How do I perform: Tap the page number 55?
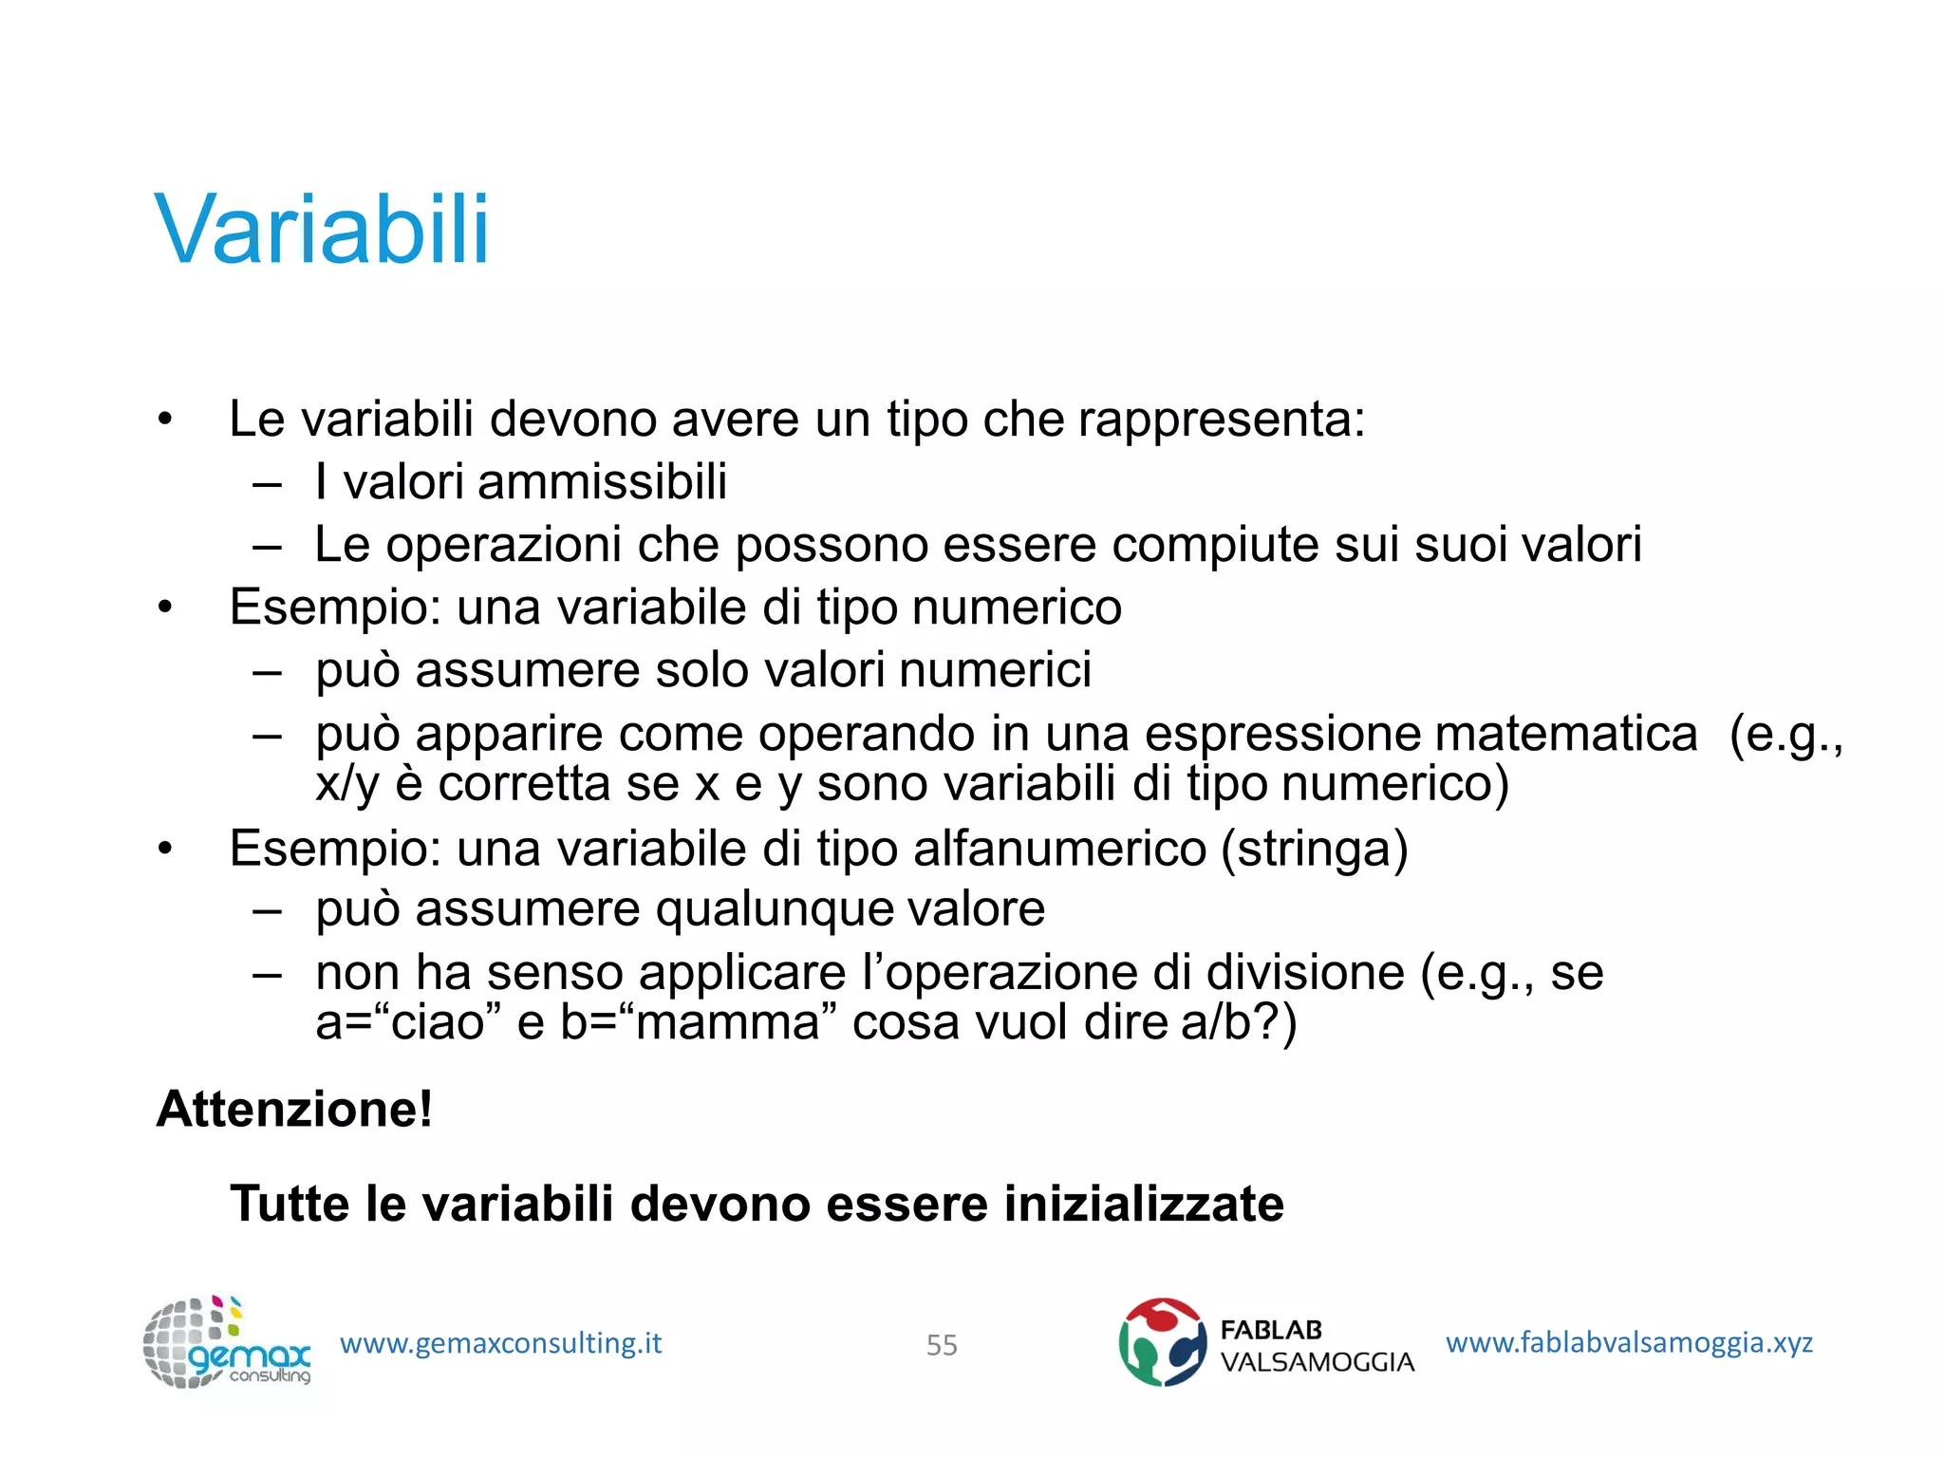point(942,1345)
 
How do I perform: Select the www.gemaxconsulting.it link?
point(500,1343)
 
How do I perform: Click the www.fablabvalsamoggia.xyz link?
point(1629,1342)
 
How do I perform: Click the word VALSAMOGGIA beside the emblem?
point(1317,1362)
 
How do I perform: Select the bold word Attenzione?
point(294,1109)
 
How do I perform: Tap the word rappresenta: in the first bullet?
point(1222,420)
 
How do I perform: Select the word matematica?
point(1565,734)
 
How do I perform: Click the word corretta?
point(558,784)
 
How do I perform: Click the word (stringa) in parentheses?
point(1315,849)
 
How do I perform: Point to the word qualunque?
point(774,910)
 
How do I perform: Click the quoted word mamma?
point(727,1023)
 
